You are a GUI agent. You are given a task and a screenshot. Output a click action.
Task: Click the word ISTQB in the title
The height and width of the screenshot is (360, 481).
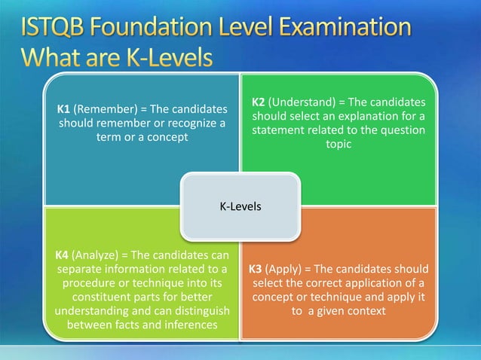coord(54,29)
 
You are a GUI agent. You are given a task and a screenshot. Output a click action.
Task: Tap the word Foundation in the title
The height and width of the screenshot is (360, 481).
coord(156,29)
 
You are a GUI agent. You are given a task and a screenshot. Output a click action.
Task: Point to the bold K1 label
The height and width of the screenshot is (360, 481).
coord(65,109)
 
